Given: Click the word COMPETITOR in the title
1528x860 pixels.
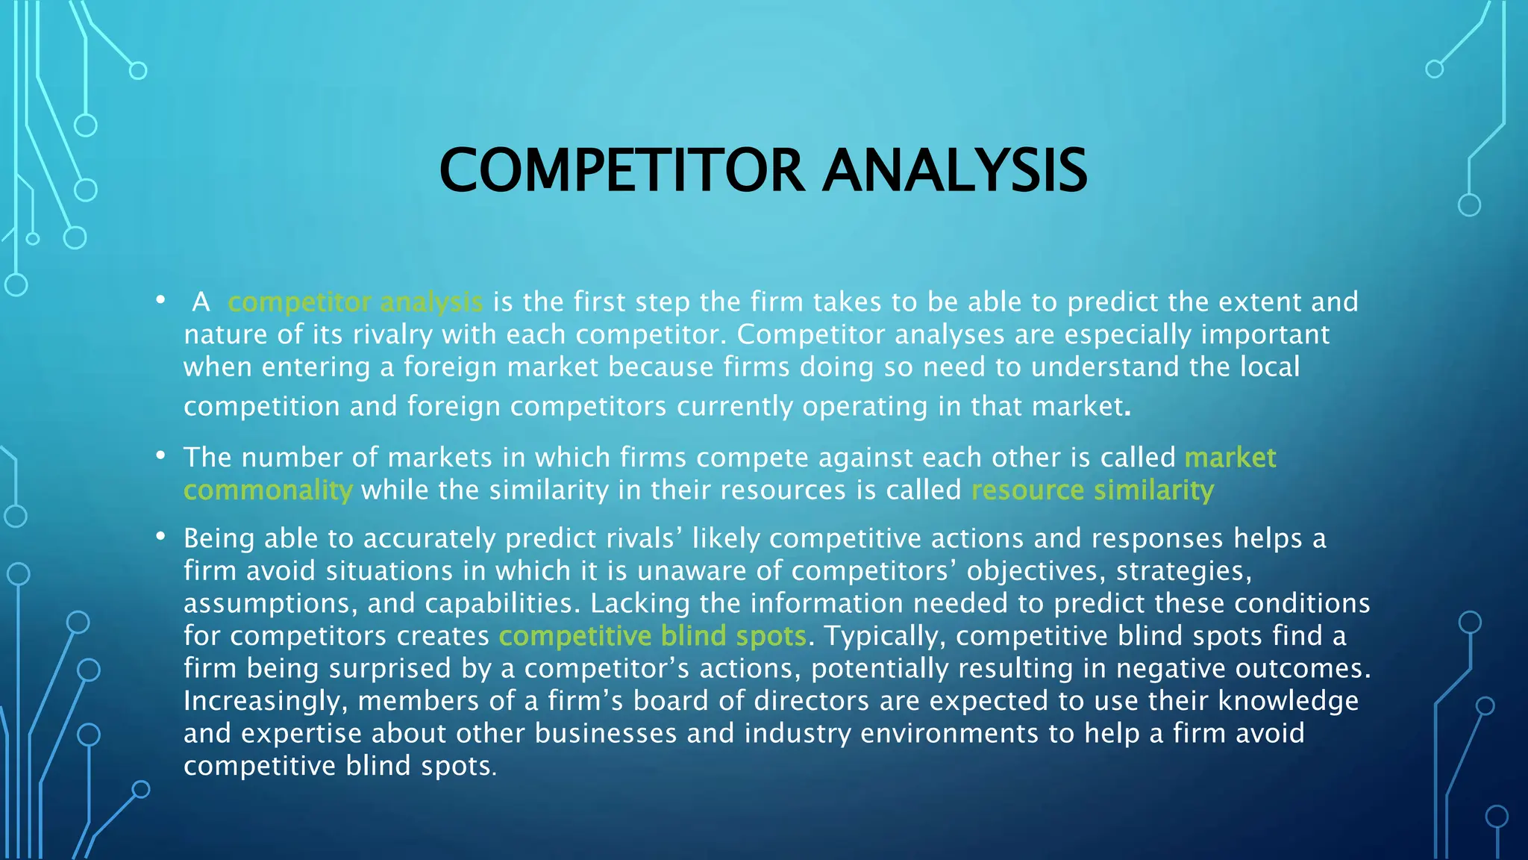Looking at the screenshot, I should (621, 170).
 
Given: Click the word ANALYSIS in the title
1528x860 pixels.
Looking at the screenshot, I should (955, 170).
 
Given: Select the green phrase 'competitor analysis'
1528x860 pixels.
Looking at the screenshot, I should (355, 302).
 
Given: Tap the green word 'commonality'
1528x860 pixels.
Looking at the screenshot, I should (268, 490).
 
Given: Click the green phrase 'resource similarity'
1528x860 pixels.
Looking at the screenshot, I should (1092, 490).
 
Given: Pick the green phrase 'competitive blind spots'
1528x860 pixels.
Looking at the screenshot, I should (652, 636).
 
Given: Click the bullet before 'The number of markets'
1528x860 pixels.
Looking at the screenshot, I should (160, 455).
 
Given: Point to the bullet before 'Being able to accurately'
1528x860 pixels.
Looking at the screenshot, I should (160, 537).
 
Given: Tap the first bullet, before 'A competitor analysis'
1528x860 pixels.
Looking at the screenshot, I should (160, 300).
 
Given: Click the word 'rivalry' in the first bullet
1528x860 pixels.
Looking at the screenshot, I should (392, 335).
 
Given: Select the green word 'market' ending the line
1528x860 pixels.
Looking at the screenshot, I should (1230, 458).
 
